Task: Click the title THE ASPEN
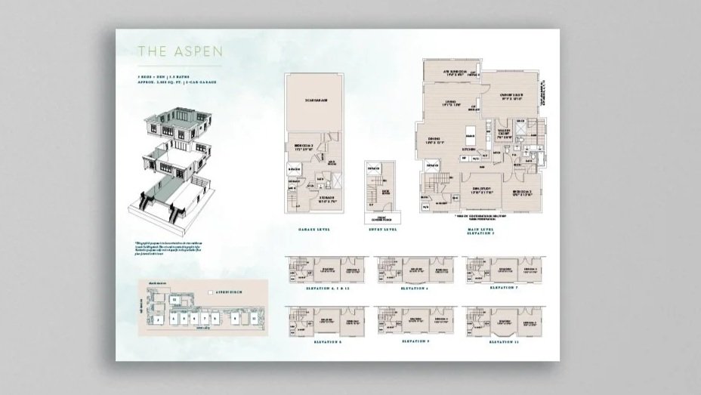(169, 51)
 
